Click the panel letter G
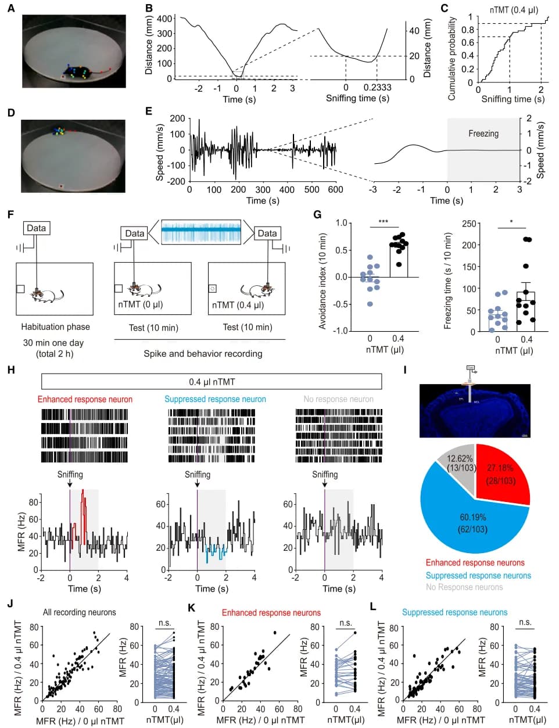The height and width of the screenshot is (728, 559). click(x=317, y=214)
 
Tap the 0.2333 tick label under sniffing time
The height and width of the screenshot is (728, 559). click(x=378, y=88)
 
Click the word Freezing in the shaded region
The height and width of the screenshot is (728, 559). click(x=483, y=134)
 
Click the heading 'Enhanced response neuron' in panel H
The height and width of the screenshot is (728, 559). click(x=85, y=399)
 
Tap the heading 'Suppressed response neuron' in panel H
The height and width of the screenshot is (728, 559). click(x=215, y=399)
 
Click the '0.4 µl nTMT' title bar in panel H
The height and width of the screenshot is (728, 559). click(x=212, y=382)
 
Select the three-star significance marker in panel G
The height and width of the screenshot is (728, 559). click(x=383, y=222)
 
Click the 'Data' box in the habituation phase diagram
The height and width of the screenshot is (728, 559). click(x=36, y=228)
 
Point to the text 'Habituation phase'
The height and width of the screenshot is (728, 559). click(x=55, y=327)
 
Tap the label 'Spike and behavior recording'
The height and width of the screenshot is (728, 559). click(x=203, y=353)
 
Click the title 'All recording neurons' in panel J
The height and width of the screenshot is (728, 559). click(x=79, y=612)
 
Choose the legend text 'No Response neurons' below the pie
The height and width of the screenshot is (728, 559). click(x=464, y=587)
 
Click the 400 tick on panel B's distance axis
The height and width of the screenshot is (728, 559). click(x=164, y=19)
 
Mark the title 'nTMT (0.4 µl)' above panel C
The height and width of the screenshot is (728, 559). click(x=514, y=10)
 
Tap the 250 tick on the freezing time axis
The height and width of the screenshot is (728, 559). click(x=469, y=224)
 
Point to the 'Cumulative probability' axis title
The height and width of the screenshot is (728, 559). click(x=451, y=58)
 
